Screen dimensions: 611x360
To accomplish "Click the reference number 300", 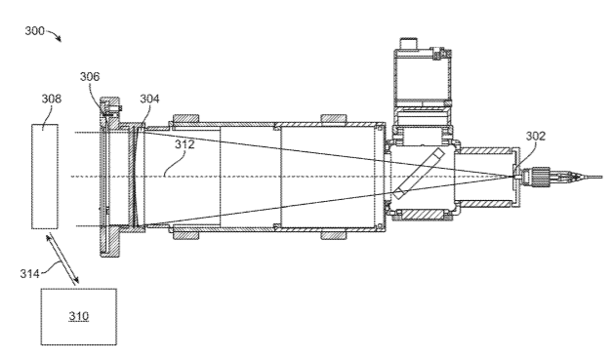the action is tap(35, 31).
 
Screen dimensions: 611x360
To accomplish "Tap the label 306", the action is tap(90, 77).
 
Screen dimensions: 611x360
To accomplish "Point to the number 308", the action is tap(52, 99).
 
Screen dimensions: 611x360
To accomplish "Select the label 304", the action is tap(149, 99).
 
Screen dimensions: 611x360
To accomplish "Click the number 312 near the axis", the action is tap(184, 144).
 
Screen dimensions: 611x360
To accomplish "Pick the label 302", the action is tap(536, 136).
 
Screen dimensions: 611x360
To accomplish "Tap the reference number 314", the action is tap(30, 274).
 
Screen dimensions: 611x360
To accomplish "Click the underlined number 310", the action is tap(79, 316).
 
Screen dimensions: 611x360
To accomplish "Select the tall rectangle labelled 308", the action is tap(45, 177).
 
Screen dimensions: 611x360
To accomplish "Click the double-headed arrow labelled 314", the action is tap(62, 259).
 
